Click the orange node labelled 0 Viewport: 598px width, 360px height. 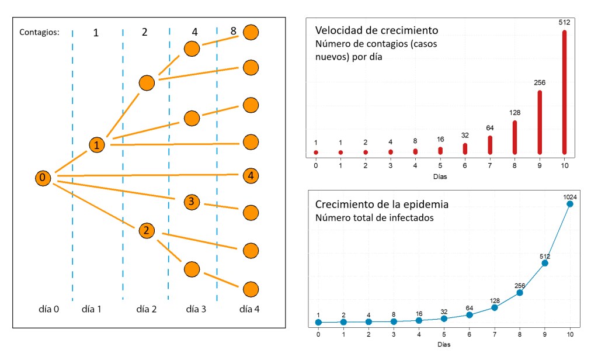(42, 178)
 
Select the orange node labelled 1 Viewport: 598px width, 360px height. (97, 144)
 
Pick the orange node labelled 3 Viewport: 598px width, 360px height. (192, 202)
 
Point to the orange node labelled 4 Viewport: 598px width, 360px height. (251, 175)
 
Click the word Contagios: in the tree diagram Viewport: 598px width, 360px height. (39, 32)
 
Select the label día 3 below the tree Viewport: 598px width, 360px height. (196, 308)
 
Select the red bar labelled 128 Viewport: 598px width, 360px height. (514, 137)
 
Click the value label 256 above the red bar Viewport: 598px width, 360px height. (540, 82)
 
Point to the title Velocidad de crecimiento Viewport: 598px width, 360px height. (377, 30)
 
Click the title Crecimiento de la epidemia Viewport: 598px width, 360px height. (382, 205)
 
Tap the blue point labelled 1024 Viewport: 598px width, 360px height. (569, 204)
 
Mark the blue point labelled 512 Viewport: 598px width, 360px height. (545, 263)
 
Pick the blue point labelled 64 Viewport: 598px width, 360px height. (470, 315)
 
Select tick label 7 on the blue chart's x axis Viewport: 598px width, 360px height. (495, 334)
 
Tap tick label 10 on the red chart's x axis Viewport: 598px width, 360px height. (564, 165)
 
